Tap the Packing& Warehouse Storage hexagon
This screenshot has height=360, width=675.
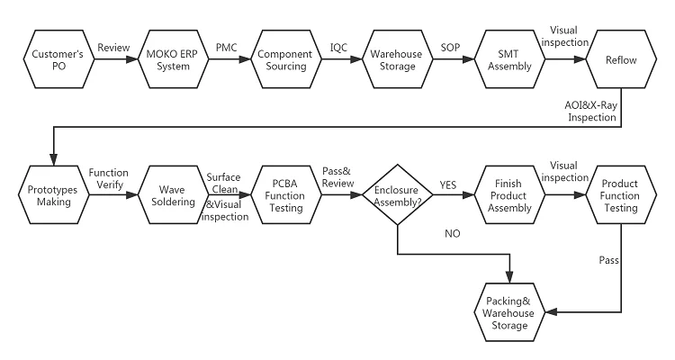(x=510, y=311)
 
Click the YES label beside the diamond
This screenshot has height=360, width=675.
(x=448, y=184)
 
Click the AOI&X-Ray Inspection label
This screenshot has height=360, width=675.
(x=591, y=112)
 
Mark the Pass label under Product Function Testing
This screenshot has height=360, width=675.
(x=608, y=261)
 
